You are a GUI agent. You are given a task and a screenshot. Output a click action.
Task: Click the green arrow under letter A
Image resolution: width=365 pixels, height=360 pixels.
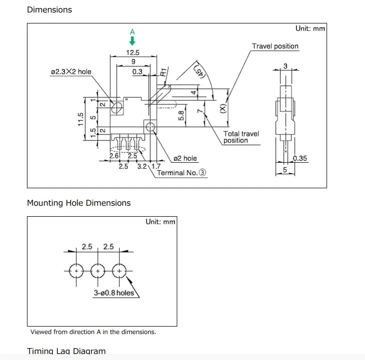132,42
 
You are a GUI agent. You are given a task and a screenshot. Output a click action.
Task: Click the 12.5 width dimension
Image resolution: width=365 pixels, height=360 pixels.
132,53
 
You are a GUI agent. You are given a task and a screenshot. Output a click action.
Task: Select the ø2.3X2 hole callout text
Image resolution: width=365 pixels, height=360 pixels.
71,72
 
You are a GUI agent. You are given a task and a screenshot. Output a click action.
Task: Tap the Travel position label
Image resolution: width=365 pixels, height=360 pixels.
275,46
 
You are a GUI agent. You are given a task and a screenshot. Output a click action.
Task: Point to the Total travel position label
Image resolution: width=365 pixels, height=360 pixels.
241,137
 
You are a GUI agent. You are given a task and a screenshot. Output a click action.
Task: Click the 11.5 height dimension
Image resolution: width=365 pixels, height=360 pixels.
80,120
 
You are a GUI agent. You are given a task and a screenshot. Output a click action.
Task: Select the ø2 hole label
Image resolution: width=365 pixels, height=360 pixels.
185,158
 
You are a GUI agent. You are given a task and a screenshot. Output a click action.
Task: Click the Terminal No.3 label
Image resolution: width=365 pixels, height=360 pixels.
182,173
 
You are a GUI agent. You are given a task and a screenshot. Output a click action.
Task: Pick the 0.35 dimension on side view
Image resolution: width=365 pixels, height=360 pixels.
300,159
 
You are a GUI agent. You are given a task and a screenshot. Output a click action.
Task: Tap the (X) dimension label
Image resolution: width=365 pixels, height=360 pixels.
222,108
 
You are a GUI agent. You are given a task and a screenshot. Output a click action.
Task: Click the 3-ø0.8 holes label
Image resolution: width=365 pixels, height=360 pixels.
114,293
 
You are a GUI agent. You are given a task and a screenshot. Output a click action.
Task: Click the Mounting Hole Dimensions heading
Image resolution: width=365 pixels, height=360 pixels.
78,203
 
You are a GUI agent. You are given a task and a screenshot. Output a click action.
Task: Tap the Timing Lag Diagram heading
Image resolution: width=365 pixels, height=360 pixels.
66,351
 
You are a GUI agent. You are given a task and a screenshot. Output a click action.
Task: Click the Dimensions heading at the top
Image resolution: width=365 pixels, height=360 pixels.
49,9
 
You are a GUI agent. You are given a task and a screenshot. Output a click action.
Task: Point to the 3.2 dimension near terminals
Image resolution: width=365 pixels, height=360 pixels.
142,166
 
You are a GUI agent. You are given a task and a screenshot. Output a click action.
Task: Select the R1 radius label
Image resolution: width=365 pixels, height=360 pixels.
163,71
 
